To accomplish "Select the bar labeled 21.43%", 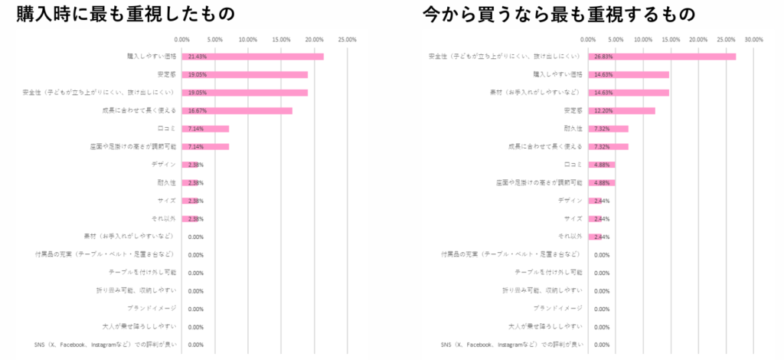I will pos(253,57).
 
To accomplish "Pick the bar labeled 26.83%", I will pos(661,57).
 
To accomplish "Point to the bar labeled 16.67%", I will pos(237,111).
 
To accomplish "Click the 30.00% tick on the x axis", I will pos(753,39).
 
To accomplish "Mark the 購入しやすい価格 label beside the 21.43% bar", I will pos(152,57).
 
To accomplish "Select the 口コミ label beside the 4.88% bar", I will pos(574,165).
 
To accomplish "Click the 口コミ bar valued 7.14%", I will pos(205,129).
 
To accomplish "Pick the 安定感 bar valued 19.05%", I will pos(245,75).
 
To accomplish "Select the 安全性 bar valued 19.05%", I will pos(245,93).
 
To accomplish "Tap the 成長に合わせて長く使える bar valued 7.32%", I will pos(608,147).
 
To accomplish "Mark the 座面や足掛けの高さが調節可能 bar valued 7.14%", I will pos(205,147).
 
